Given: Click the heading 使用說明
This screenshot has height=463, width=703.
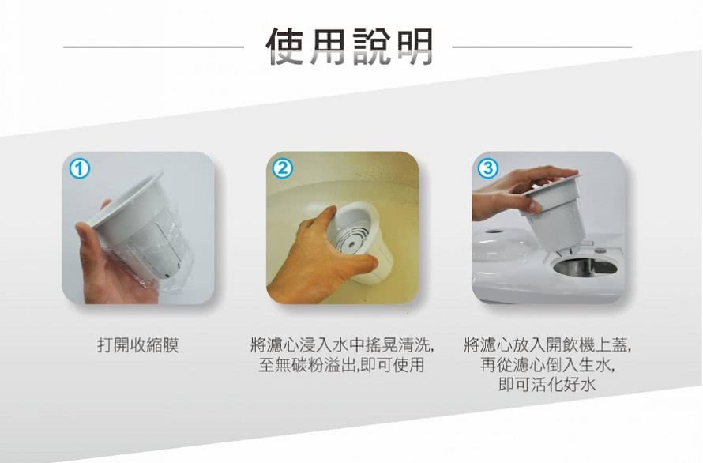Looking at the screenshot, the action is point(350,47).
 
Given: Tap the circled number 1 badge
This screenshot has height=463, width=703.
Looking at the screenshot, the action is point(79,169).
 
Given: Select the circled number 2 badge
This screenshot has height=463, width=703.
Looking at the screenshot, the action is point(283,169).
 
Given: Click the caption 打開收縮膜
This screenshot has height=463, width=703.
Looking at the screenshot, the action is point(138,345).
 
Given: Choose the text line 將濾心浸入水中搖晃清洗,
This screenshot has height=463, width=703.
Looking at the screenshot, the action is point(342,345).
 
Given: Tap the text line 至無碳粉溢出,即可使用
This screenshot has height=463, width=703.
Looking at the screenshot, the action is point(342,365).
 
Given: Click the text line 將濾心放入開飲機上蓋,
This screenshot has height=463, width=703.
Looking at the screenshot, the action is point(547,345).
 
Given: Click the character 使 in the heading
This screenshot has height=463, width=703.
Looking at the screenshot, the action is point(286,47).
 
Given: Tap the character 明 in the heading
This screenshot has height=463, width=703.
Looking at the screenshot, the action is point(414,47).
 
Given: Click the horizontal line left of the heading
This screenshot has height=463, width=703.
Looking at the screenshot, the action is point(153,47).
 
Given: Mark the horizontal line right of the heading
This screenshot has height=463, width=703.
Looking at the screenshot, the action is point(542,47).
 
